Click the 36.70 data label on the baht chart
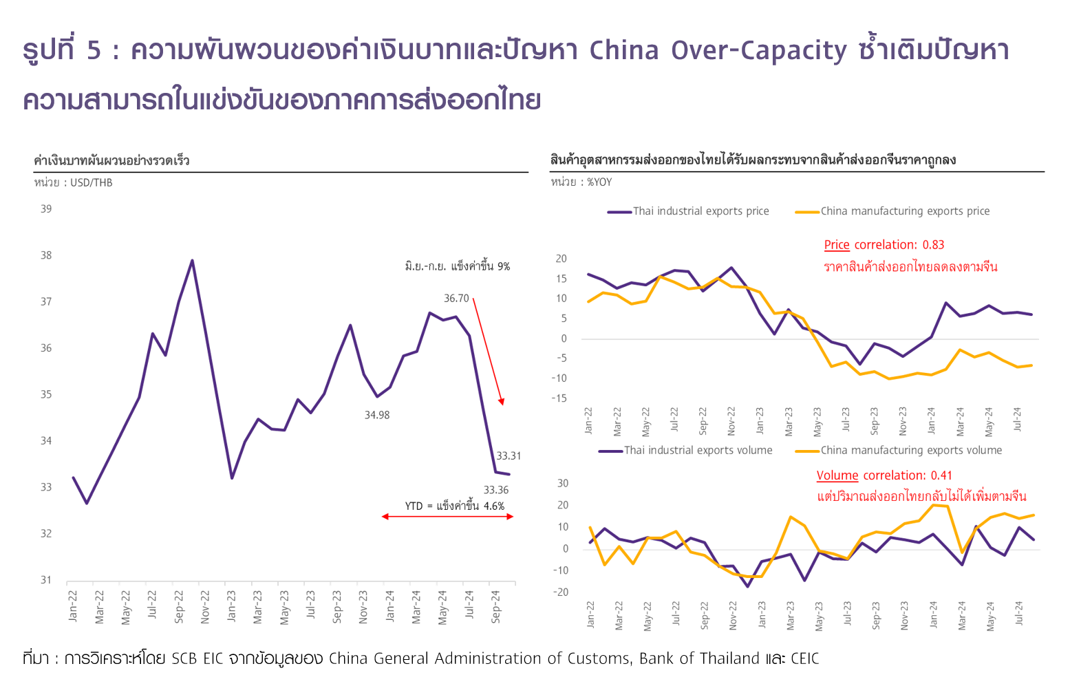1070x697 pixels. [x=456, y=299]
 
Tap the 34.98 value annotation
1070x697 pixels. [x=377, y=416]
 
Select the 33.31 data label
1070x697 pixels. [x=509, y=456]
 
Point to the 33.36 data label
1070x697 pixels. [x=496, y=491]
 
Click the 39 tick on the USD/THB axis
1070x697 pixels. [x=46, y=209]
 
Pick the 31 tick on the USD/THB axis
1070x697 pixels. [x=46, y=580]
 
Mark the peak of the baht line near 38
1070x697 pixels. [x=192, y=261]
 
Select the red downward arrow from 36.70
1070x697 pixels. [x=489, y=351]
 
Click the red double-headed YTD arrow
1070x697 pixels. [x=447, y=517]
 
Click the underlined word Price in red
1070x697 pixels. [x=837, y=245]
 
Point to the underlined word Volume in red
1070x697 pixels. [x=837, y=475]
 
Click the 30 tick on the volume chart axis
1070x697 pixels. [x=563, y=484]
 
